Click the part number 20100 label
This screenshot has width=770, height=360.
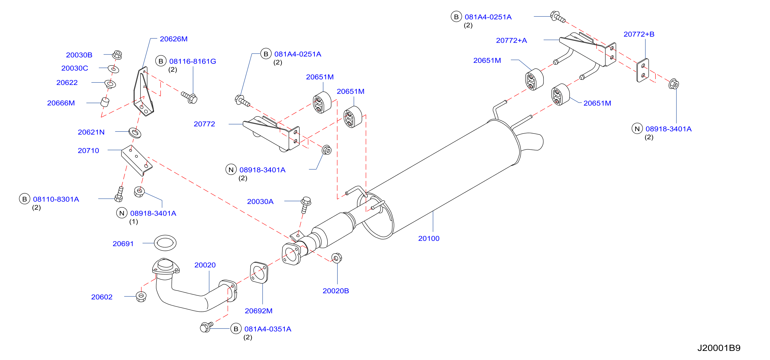(x=429, y=238)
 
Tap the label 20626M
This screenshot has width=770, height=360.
(x=174, y=39)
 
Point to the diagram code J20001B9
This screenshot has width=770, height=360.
(x=719, y=348)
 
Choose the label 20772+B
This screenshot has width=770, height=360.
(x=639, y=34)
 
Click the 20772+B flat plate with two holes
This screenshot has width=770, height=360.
(x=642, y=70)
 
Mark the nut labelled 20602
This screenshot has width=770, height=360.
(x=141, y=296)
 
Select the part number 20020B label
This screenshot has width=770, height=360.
(x=336, y=291)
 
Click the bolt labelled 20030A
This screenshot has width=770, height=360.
(x=306, y=205)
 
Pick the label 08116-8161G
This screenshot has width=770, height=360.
(x=193, y=61)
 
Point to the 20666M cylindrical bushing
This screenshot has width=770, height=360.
(x=105, y=102)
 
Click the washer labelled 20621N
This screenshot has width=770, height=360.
(x=135, y=132)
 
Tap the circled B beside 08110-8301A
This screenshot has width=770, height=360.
(x=25, y=199)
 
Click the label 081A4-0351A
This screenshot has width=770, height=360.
(x=268, y=329)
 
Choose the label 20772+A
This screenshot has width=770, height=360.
(x=511, y=40)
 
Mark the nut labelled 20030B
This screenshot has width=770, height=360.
(x=117, y=55)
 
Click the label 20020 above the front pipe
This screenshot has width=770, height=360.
(x=205, y=265)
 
